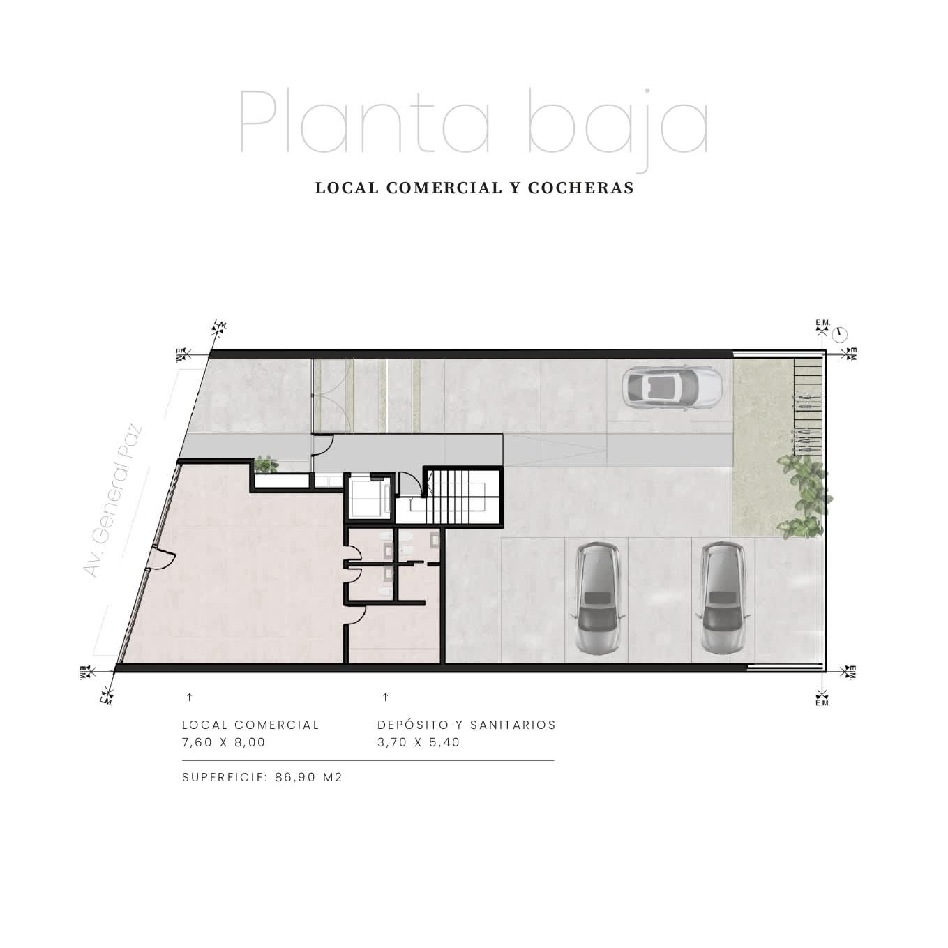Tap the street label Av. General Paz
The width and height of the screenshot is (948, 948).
[113, 500]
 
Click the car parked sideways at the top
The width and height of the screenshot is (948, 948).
[672, 389]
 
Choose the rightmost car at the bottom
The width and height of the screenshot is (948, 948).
[723, 598]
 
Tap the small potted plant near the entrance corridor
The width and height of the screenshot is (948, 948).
[266, 464]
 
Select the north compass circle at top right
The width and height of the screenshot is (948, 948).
[840, 335]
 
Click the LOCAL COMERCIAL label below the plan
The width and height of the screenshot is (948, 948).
[250, 725]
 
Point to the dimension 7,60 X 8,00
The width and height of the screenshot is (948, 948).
[223, 742]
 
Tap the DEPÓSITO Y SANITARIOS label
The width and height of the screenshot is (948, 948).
[467, 725]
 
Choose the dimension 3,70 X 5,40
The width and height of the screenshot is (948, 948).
[418, 742]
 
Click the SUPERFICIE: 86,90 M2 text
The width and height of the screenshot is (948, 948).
[262, 777]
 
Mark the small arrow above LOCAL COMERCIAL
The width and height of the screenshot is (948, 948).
[190, 697]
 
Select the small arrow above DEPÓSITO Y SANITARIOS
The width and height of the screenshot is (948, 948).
[385, 697]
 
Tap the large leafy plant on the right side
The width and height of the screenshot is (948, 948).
[804, 495]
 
